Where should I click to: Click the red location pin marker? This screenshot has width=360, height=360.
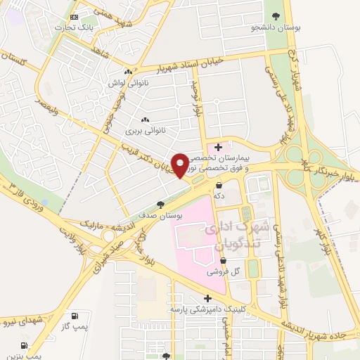(x=179, y=165)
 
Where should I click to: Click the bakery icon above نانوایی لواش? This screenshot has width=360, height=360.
(x=127, y=72)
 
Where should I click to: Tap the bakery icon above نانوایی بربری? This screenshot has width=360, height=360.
(x=145, y=120)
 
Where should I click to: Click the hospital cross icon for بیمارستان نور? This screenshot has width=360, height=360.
(x=219, y=147)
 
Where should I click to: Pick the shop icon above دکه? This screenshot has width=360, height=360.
(x=222, y=186)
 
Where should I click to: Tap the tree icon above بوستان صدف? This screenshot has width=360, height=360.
(x=161, y=205)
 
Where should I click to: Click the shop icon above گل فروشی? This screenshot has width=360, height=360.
(x=223, y=259)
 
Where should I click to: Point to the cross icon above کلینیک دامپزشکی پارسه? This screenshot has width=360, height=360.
(x=207, y=298)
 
